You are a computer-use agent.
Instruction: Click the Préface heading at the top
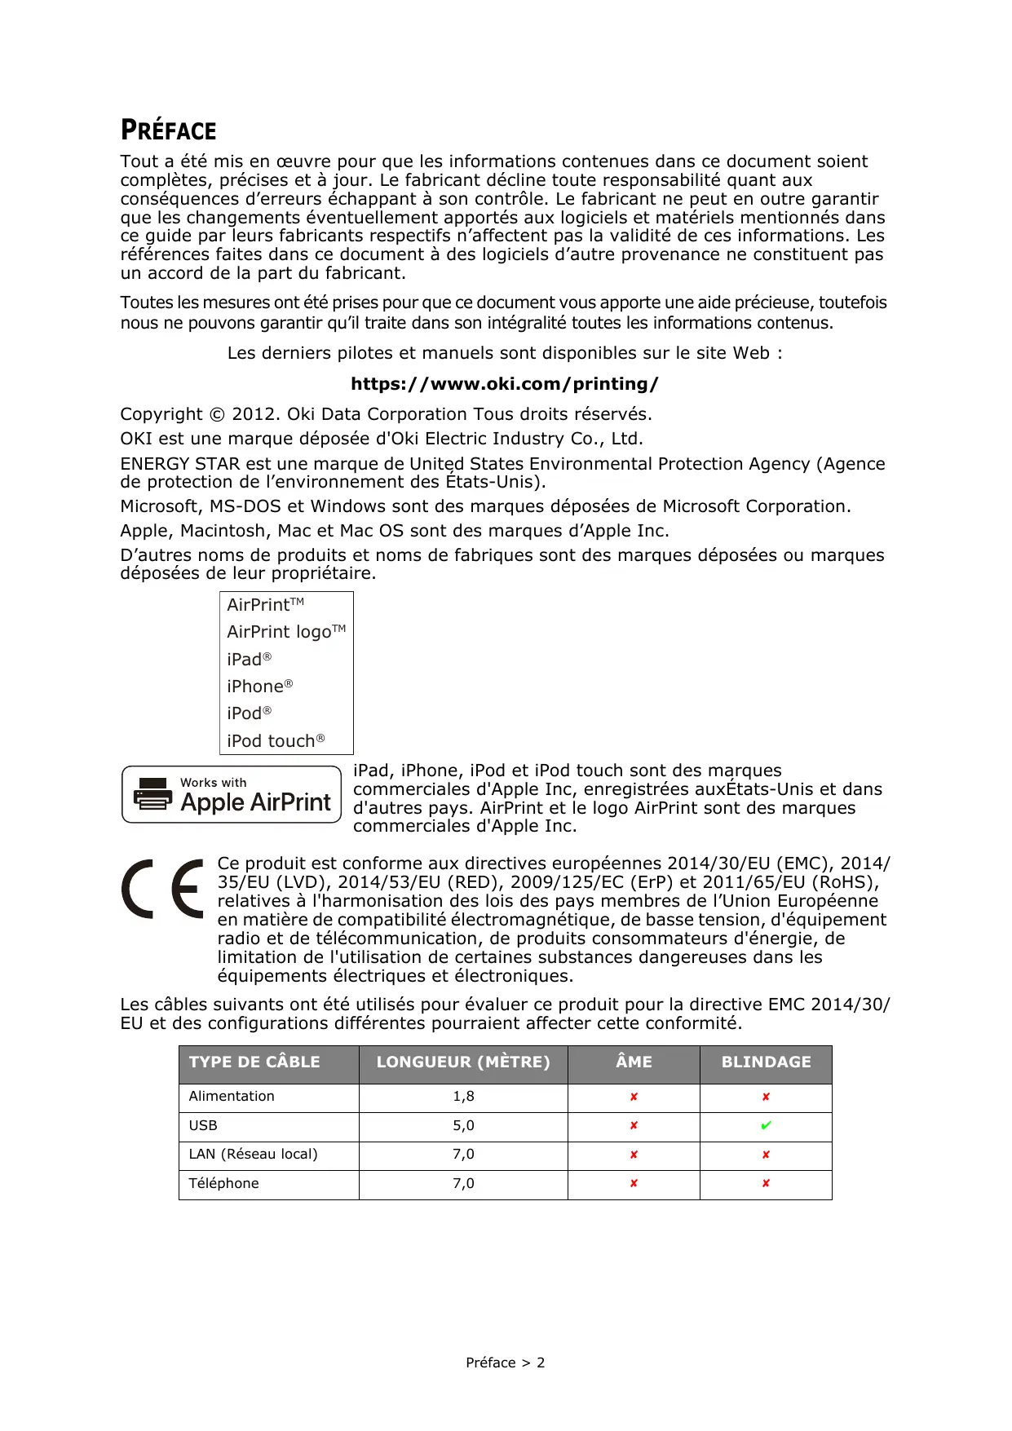point(169,130)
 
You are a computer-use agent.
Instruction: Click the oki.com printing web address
point(504,384)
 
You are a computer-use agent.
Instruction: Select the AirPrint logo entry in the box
point(285,632)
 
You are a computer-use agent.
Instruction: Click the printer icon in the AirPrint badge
point(152,794)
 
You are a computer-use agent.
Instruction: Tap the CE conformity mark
point(162,889)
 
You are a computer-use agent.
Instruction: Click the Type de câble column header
point(254,1062)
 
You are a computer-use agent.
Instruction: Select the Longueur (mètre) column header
point(463,1062)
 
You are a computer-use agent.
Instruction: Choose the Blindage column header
point(766,1062)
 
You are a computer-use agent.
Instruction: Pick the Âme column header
point(634,1062)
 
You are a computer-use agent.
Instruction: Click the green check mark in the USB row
point(766,1126)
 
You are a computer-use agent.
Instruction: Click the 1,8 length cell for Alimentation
point(463,1097)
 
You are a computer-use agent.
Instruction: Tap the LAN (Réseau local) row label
point(253,1155)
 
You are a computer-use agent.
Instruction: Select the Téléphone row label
point(223,1184)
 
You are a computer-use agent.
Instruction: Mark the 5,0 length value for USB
point(463,1126)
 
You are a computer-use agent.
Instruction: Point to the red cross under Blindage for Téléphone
point(766,1184)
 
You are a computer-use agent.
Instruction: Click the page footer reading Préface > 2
point(505,1363)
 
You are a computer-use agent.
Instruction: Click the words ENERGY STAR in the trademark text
point(179,464)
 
